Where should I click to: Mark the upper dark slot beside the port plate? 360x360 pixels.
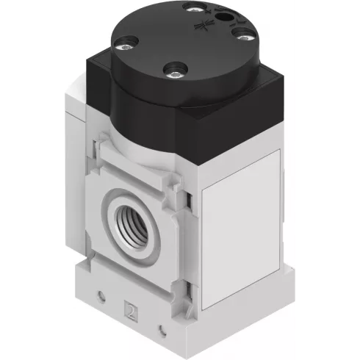[x=190, y=198]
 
